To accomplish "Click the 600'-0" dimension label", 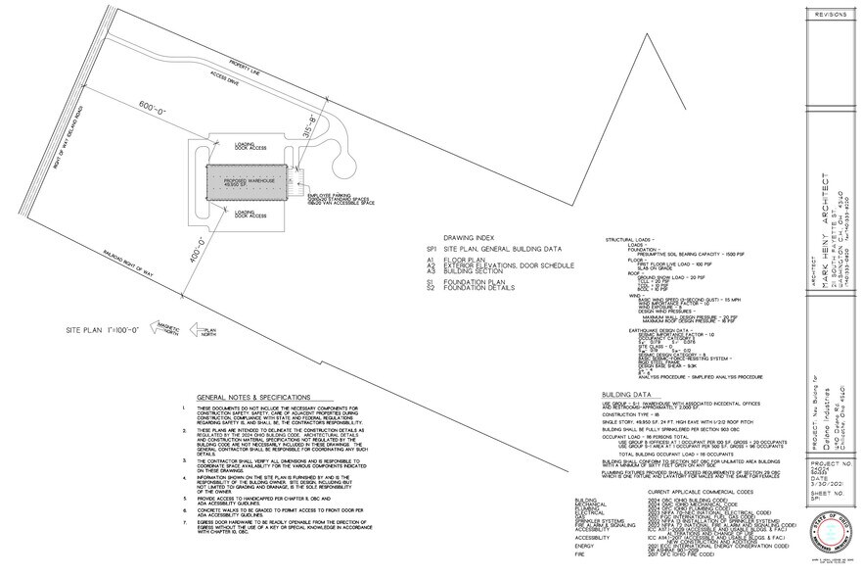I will point(153,106).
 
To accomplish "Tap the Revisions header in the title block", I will point(829,14).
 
